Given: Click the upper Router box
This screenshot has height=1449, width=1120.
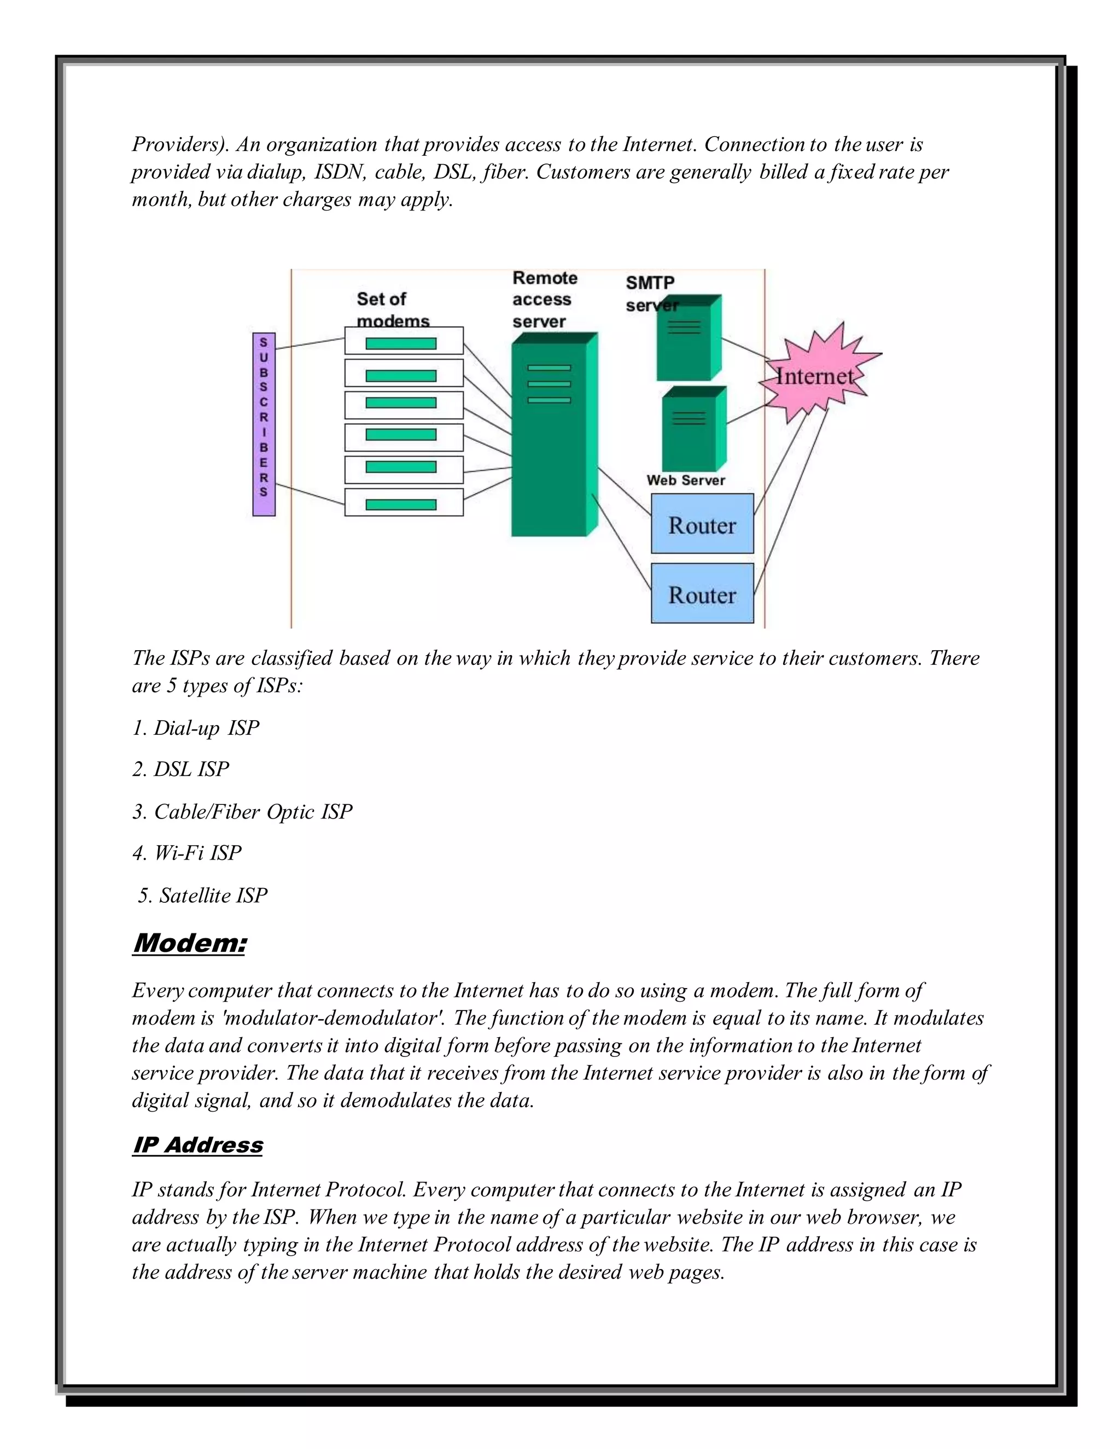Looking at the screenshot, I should coord(702,524).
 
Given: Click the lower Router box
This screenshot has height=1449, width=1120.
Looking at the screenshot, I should coord(702,594).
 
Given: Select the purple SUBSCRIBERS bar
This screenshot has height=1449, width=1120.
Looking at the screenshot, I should coord(264,425).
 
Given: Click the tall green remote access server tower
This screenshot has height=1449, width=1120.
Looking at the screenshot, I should coord(550,438).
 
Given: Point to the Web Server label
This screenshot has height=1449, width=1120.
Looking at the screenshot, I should coord(685,480).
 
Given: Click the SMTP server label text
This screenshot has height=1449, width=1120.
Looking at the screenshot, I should coord(650,293).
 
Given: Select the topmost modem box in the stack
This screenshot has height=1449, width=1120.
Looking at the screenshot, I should coord(404,341).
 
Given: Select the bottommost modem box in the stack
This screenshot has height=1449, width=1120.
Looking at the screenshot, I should coord(404,503).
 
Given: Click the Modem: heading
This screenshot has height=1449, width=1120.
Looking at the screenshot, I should coord(189,942).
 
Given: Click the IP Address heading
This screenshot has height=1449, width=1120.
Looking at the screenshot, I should coord(198,1144).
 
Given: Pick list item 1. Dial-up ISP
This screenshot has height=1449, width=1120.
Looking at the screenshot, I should coord(196,728).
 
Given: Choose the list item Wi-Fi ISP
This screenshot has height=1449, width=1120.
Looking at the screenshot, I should coord(187,852).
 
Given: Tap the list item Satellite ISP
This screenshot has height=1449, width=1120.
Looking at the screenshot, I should coord(203,895).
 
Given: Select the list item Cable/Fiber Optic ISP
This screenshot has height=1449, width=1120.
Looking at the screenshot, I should coord(243,811).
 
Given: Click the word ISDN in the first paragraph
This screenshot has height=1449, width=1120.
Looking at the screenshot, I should coord(339,172).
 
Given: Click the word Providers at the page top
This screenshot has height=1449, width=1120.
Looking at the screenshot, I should coord(176,144).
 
